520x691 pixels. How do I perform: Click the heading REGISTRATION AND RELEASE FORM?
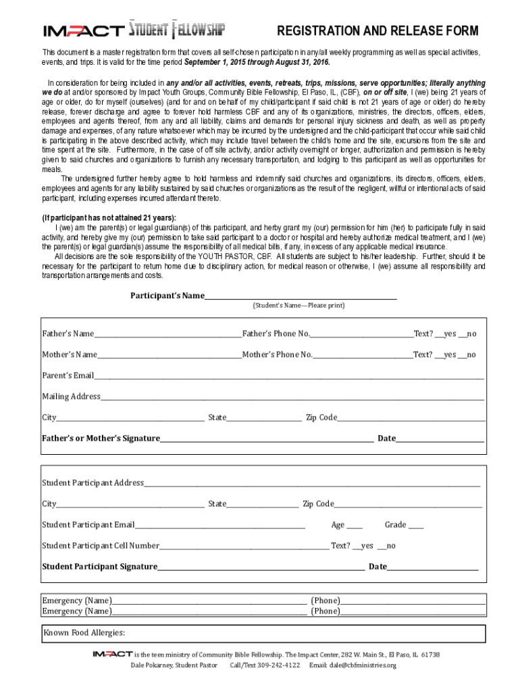click(378, 31)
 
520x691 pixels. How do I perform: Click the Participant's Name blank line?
click(301, 295)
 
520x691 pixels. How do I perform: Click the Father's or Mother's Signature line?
click(266, 438)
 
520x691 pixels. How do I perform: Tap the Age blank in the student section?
click(355, 525)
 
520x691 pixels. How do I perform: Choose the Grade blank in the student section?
click(416, 525)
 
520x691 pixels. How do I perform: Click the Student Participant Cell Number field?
click(244, 546)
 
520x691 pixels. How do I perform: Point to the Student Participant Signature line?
click(261, 567)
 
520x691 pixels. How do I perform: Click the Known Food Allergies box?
click(263, 633)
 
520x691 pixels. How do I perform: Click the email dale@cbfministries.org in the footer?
click(363, 665)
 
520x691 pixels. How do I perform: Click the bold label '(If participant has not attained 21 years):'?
click(109, 218)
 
